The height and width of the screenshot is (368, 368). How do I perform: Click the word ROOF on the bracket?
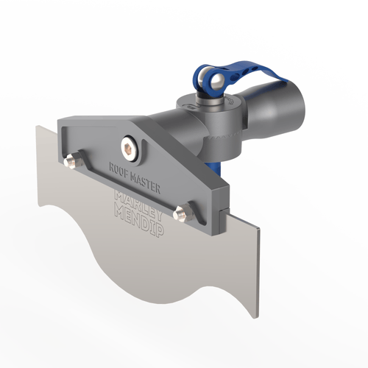(119, 169)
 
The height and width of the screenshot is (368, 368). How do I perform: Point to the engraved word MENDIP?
(139, 222)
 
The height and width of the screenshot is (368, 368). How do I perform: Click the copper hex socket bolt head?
(127, 147)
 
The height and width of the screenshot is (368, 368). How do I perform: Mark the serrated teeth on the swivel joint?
(223, 138)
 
